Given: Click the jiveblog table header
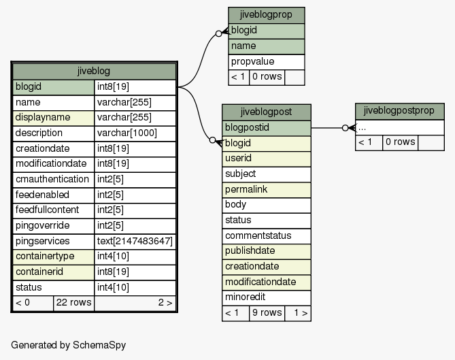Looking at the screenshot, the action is point(94,71).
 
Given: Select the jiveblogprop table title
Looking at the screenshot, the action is point(267,15).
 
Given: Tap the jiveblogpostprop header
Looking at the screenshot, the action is point(400,111).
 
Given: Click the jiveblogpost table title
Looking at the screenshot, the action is point(267,112).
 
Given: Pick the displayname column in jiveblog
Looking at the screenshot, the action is point(54,118).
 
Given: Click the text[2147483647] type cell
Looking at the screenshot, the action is point(135,242).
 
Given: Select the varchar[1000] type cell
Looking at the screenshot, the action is point(135,133).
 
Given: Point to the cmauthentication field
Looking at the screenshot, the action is point(54,180).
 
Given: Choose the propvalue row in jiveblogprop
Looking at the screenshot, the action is point(267,62).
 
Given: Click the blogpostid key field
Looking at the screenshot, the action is point(267,128).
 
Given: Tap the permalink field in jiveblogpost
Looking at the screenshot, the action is point(267,190).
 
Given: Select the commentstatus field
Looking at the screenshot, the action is point(267,236).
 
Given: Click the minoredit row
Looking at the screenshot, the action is point(267,297).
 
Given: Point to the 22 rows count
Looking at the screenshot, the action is point(73,303).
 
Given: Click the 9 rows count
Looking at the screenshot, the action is point(267,313).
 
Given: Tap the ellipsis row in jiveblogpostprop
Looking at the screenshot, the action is point(400,128).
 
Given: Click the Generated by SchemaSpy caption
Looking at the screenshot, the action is point(69,345).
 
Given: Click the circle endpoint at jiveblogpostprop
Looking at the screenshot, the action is point(345,128).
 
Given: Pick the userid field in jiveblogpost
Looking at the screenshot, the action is point(267,159).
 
